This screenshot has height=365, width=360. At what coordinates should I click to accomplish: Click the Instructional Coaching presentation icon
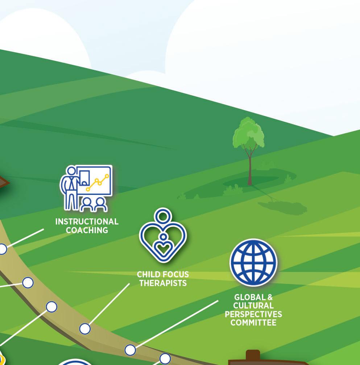click(x=86, y=188)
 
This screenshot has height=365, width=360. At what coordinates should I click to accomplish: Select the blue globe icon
click(x=253, y=262)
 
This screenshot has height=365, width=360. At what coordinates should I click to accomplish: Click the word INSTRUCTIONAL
click(x=87, y=222)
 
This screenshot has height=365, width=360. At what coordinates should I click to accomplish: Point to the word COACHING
click(x=87, y=230)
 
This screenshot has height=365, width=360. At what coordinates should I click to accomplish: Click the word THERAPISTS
click(x=163, y=283)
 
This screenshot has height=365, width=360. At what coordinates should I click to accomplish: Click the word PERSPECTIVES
click(x=253, y=314)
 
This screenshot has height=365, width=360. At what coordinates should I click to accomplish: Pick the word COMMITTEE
click(x=253, y=323)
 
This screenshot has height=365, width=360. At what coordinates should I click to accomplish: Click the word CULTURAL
click(x=253, y=306)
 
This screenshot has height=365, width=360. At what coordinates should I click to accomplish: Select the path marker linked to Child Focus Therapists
click(x=85, y=329)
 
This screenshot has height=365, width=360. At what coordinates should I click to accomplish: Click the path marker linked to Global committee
click(x=130, y=350)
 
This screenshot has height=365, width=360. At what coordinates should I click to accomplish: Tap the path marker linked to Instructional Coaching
click(x=3, y=249)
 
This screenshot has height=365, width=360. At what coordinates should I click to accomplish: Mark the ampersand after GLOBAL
click(x=270, y=298)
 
